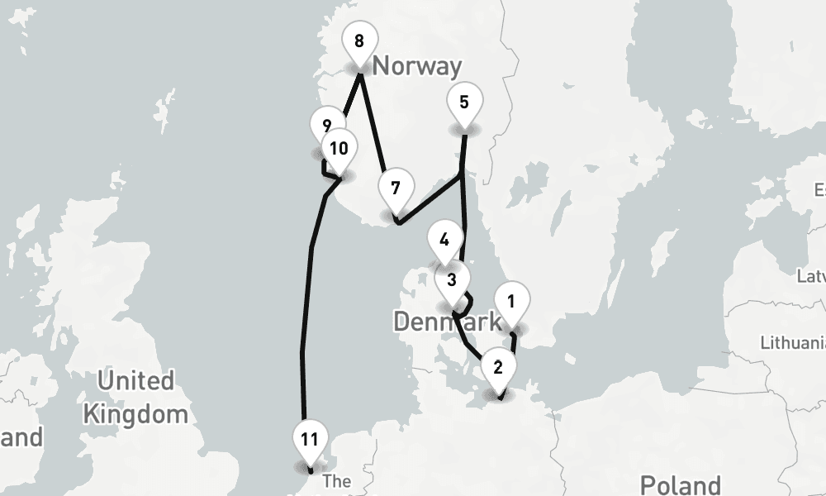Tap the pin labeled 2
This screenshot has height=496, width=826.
[x=497, y=366]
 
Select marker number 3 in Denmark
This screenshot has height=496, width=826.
[x=451, y=280]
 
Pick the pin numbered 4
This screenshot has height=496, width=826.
[x=444, y=241]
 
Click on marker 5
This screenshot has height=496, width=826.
[x=463, y=103]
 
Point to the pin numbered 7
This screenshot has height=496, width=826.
[x=396, y=188]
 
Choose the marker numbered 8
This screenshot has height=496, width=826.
[x=358, y=41]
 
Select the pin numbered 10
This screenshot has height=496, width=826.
[x=339, y=149]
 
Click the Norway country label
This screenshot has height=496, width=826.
[x=417, y=65]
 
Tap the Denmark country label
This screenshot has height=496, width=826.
[x=436, y=322]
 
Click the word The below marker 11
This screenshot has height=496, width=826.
[x=337, y=481]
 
